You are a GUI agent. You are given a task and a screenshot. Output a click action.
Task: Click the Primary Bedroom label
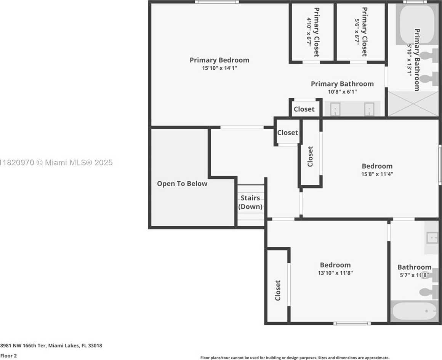tap(219, 60)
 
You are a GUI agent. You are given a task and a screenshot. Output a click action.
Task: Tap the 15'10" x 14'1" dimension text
tap(219, 68)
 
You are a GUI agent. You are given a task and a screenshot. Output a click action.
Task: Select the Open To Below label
tap(182, 184)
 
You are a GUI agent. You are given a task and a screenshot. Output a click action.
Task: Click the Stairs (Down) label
tap(250, 202)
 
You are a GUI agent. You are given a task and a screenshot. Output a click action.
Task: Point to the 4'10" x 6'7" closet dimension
tap(309, 32)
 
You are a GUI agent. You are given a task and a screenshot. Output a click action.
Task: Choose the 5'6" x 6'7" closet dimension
tap(357, 30)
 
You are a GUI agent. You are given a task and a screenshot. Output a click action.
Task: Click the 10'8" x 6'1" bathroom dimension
tap(342, 92)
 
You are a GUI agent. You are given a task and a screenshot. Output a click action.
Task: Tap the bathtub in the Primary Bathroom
tap(416, 24)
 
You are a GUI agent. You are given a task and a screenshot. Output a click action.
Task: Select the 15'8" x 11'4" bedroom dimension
tap(377, 174)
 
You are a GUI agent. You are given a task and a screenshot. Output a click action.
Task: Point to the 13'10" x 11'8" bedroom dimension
tap(335, 273)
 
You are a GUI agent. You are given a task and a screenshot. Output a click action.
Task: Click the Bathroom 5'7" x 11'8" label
tap(415, 270)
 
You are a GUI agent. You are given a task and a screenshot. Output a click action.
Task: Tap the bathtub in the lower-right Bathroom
tap(415, 311)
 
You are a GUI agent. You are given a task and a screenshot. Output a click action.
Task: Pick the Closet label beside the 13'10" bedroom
tap(278, 290)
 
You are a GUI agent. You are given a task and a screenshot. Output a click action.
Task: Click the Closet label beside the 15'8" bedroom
tap(310, 157)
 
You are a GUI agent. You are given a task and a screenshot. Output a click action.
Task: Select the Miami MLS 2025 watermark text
tap(56, 162)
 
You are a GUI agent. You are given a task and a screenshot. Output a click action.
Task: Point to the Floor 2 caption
tap(8, 356)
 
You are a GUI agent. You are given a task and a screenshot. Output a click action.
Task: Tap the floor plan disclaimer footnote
tap(295, 358)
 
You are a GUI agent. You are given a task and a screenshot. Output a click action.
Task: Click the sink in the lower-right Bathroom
tap(432, 237)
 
